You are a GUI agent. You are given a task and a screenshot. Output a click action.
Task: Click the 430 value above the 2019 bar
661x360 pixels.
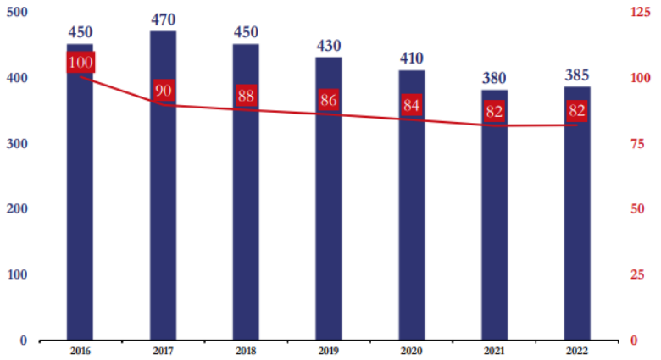(x=329, y=45)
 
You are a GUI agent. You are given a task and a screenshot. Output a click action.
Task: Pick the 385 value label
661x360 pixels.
(x=577, y=75)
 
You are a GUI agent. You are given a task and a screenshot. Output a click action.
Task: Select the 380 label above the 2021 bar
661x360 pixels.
(x=494, y=78)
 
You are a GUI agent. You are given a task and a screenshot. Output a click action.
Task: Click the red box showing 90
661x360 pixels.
(x=164, y=91)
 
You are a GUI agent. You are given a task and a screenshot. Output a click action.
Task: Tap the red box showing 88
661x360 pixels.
(x=246, y=96)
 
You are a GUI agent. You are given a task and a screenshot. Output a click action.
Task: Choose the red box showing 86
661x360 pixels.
(x=329, y=100)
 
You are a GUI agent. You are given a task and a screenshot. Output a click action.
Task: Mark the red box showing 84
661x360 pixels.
(x=412, y=106)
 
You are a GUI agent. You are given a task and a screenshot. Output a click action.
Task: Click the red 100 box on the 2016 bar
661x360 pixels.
(x=81, y=63)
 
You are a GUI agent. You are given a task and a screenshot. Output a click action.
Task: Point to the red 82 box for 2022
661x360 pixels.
(x=577, y=110)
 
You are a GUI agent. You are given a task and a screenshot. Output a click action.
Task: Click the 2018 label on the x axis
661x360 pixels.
(x=246, y=351)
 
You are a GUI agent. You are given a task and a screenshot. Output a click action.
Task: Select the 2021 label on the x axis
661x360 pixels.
(x=494, y=351)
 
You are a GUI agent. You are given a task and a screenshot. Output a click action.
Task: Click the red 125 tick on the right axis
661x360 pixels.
(x=641, y=12)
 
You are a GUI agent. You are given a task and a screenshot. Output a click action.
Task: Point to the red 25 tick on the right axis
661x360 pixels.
(x=637, y=275)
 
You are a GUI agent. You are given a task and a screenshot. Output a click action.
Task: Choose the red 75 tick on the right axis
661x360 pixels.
(x=637, y=144)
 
